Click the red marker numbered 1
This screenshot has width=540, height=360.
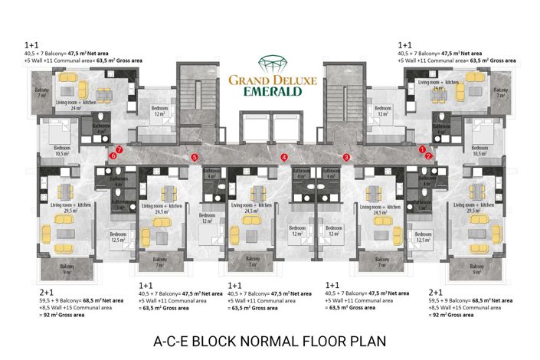coord(423,149)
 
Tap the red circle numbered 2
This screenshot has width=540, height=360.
coord(429,155)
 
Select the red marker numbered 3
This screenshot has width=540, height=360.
coord(346,157)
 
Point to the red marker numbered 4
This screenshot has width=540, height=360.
coord(284,157)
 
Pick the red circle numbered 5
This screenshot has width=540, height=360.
coord(195,157)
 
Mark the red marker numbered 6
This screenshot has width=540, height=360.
coord(113,155)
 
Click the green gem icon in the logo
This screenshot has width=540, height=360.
coord(269,63)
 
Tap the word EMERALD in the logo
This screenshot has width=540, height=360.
coord(269,90)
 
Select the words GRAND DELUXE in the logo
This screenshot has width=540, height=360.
coord(269,77)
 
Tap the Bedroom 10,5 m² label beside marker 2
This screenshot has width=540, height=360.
coord(479,149)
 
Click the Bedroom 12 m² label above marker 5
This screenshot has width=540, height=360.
coord(159,111)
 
